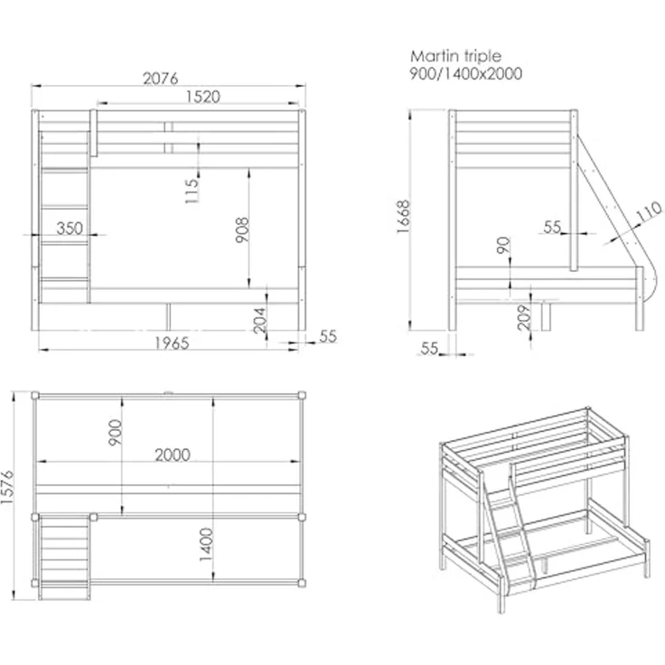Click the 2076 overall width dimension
[160, 79]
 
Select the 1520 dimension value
[203, 97]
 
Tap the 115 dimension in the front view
[192, 191]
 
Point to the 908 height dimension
[242, 229]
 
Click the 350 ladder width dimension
[70, 229]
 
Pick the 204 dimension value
[259, 320]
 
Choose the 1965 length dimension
[172, 343]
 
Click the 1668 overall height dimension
[403, 216]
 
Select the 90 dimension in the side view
[503, 245]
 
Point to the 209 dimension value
[525, 317]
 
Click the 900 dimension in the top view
[116, 432]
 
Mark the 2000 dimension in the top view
[173, 454]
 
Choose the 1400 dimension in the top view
[206, 545]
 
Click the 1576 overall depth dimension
[7, 487]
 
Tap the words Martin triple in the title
[455, 56]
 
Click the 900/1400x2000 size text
[465, 74]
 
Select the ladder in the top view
[64, 557]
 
